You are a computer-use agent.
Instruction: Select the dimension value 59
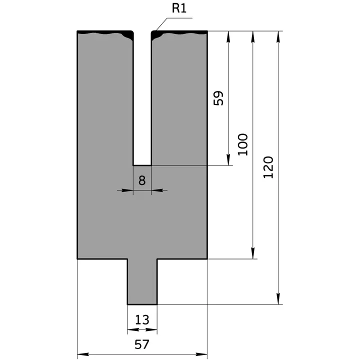pyautogui.click(x=218, y=98)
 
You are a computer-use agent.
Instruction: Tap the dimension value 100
pyautogui.click(x=243, y=144)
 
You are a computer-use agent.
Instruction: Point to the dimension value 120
pyautogui.click(x=268, y=167)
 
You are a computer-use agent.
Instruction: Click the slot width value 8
pyautogui.click(x=142, y=180)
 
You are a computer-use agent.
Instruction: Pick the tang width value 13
pyautogui.click(x=142, y=319)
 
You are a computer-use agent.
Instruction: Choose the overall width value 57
pyautogui.click(x=142, y=344)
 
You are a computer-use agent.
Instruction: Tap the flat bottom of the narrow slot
pyautogui.click(x=142, y=165)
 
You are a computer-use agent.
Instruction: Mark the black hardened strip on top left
pyautogui.click(x=105, y=33)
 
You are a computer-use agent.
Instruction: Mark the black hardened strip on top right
pyautogui.click(x=179, y=33)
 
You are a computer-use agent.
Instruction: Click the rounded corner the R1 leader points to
pyautogui.click(x=152, y=32)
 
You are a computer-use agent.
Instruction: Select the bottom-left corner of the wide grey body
pyautogui.click(x=77, y=258)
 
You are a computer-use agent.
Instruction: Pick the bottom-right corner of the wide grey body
pyautogui.click(x=207, y=258)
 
